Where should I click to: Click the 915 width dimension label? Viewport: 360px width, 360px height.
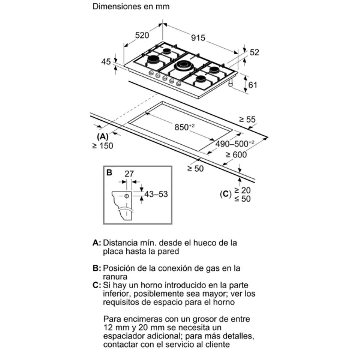(x=198, y=38)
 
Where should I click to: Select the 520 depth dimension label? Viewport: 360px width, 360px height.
(x=142, y=35)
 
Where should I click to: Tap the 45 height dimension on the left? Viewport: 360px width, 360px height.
(x=106, y=62)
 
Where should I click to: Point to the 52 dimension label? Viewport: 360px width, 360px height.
(x=254, y=52)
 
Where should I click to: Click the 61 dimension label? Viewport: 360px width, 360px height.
(x=253, y=85)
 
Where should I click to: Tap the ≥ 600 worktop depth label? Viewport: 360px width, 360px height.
(x=236, y=155)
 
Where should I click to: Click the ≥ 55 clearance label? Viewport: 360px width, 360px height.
(x=247, y=119)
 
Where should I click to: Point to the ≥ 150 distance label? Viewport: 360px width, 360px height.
(x=102, y=146)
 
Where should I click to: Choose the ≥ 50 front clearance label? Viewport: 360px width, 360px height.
(x=195, y=169)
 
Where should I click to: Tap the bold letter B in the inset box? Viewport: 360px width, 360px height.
(x=109, y=173)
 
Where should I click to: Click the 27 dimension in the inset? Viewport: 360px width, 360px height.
(x=129, y=174)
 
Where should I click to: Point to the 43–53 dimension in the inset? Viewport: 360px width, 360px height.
(x=156, y=194)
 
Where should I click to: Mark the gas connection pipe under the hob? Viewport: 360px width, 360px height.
(x=231, y=83)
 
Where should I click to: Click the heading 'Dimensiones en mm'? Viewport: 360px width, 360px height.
(x=131, y=6)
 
